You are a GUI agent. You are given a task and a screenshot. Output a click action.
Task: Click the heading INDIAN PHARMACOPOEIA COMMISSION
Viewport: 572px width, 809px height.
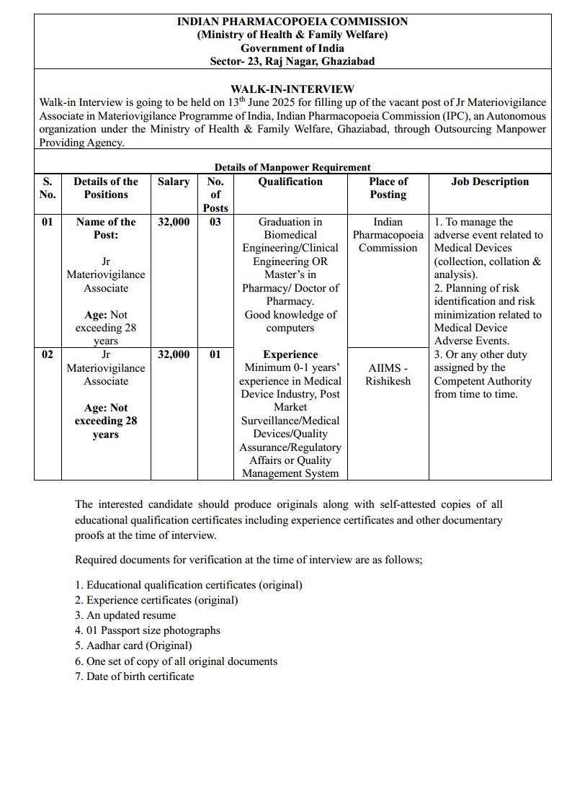pyautogui.click(x=292, y=22)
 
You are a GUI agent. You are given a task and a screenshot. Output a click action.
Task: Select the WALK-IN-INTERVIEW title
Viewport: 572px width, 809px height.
pyautogui.click(x=292, y=89)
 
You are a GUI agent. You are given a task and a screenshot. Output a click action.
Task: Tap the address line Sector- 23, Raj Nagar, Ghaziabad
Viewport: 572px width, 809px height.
pyautogui.click(x=292, y=61)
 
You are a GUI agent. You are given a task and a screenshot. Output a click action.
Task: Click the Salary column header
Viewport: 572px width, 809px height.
pyautogui.click(x=174, y=182)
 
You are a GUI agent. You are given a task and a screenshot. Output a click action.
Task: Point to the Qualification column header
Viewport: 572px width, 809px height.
pyautogui.click(x=290, y=182)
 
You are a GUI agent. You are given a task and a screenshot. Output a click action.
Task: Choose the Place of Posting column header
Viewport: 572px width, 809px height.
pyautogui.click(x=388, y=188)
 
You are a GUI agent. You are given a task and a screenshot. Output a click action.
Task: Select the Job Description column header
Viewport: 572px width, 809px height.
pyautogui.click(x=490, y=182)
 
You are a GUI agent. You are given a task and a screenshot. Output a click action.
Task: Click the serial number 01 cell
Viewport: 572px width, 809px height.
pyautogui.click(x=47, y=222)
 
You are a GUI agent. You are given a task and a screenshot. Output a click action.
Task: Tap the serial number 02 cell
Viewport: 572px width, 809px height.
pyautogui.click(x=47, y=354)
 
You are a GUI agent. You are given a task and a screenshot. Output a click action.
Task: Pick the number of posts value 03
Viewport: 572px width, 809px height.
pyautogui.click(x=215, y=222)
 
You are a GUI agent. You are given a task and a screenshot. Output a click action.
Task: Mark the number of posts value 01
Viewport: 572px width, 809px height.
pyautogui.click(x=215, y=354)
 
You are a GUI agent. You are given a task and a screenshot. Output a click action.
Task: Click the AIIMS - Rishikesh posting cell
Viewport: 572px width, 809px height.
pyautogui.click(x=388, y=375)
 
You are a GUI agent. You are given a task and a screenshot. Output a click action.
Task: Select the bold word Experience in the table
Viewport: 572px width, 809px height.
pyautogui.click(x=290, y=354)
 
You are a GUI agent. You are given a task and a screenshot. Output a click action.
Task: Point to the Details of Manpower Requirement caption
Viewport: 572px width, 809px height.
pyautogui.click(x=292, y=167)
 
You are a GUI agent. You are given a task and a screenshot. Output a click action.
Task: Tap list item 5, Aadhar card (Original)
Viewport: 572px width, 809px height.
pyautogui.click(x=133, y=645)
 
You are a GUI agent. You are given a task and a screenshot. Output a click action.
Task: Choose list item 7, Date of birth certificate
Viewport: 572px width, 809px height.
pyautogui.click(x=134, y=676)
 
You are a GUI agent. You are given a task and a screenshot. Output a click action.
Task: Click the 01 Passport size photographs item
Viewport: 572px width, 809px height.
pyautogui.click(x=148, y=630)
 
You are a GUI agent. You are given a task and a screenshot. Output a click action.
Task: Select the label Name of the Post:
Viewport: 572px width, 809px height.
pyautogui.click(x=106, y=228)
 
